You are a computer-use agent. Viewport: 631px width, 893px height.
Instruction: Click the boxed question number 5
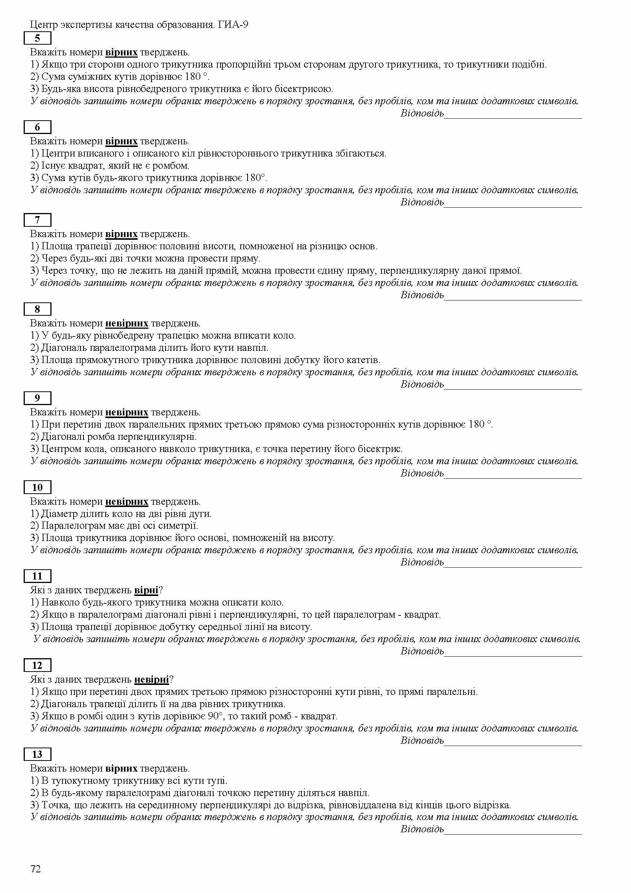pos(37,38)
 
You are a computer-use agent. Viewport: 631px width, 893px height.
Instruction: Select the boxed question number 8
pos(37,309)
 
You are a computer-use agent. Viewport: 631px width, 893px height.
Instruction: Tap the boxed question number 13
pos(37,754)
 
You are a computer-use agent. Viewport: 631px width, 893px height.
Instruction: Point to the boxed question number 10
pos(37,487)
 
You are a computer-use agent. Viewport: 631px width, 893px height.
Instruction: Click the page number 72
pos(35,869)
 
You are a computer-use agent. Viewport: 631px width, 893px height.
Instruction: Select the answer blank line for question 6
pos(512,206)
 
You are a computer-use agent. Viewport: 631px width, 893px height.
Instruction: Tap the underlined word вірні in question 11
pos(146,590)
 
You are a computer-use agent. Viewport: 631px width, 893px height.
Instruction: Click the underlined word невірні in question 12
pos(151,680)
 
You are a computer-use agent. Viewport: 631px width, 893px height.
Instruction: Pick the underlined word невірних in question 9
pos(127,412)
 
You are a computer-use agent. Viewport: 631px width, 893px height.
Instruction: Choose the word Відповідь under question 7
pos(422,295)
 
